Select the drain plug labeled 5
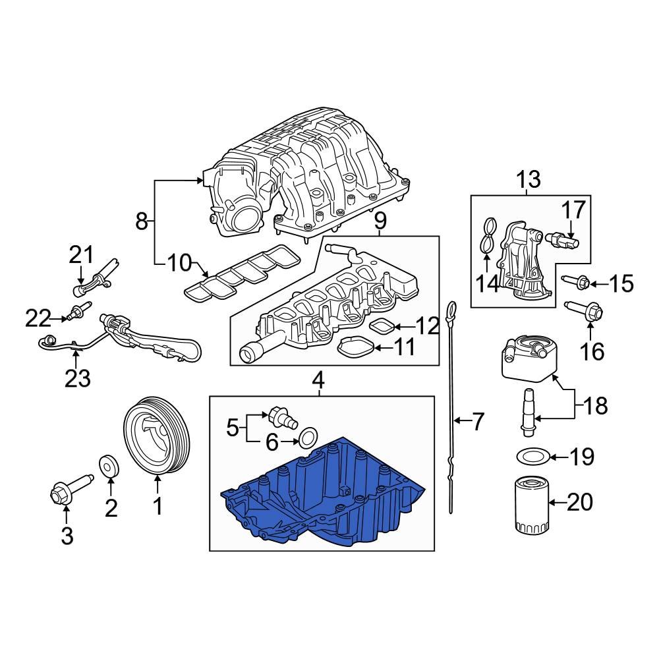pyautogui.click(x=281, y=416)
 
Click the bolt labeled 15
pyautogui.click(x=572, y=283)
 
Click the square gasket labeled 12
pyautogui.click(x=382, y=325)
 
